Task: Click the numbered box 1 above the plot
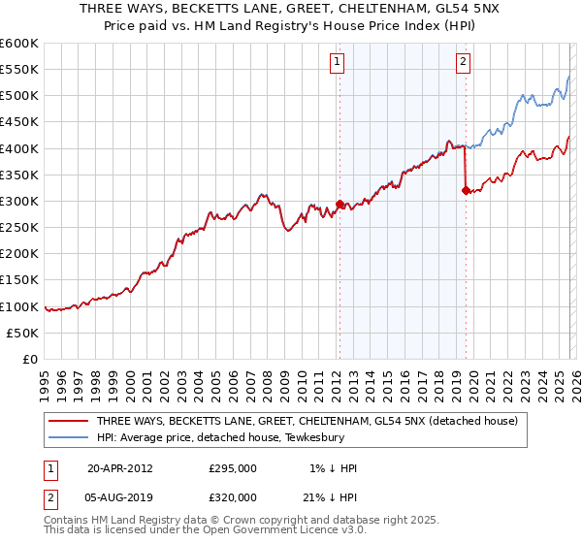pos(337,62)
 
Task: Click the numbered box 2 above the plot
pos(464,62)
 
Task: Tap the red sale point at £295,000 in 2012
pos(339,204)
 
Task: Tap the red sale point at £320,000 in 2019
pos(466,191)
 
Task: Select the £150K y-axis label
pos(19,280)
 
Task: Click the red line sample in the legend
pos(69,422)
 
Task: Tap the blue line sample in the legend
pos(69,437)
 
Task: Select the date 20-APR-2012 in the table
pos(120,467)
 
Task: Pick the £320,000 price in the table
pos(233,496)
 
